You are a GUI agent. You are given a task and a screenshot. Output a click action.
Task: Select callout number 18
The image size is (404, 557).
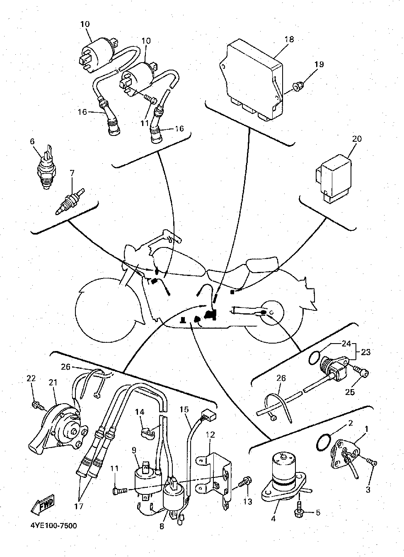(289, 39)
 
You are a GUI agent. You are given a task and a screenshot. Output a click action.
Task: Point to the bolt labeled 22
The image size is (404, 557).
(36, 404)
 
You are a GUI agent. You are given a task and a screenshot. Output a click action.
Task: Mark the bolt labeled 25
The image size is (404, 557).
(363, 373)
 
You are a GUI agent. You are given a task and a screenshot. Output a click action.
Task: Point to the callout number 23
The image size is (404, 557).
(365, 353)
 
